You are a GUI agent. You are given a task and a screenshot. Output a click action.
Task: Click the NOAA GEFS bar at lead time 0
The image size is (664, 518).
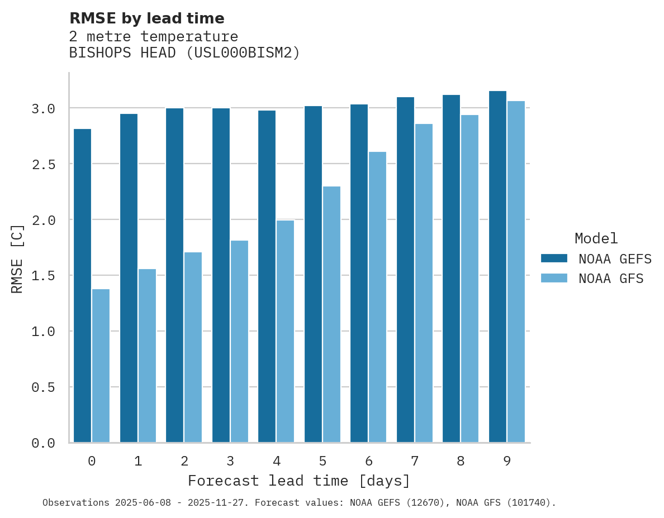[82, 285]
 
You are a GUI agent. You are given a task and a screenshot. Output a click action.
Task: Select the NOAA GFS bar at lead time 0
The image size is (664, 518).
[101, 366]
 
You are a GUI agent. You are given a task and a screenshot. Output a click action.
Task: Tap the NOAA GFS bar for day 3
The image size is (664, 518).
[239, 341]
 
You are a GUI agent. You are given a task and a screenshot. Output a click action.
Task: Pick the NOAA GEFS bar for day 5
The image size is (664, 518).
[313, 274]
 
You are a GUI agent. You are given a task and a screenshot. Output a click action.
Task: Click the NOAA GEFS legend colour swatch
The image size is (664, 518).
[554, 258]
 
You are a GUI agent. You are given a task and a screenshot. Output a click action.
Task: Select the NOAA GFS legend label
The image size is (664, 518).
[611, 279]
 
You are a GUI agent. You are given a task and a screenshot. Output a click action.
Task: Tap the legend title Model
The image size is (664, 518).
[596, 239]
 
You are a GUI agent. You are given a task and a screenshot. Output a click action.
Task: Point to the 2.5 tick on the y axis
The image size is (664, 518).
[43, 164]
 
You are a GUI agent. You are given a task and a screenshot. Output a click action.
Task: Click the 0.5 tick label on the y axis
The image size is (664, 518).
[43, 387]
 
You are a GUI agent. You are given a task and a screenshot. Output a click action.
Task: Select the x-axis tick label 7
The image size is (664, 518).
[414, 461]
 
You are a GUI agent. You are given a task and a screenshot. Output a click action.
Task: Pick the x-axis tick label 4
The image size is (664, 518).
[276, 461]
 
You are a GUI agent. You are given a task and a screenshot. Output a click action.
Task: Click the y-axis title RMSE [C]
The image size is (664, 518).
[17, 258]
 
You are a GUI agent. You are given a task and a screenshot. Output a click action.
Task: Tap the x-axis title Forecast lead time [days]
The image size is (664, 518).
[299, 481]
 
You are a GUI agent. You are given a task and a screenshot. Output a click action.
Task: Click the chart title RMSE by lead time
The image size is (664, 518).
[146, 18]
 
